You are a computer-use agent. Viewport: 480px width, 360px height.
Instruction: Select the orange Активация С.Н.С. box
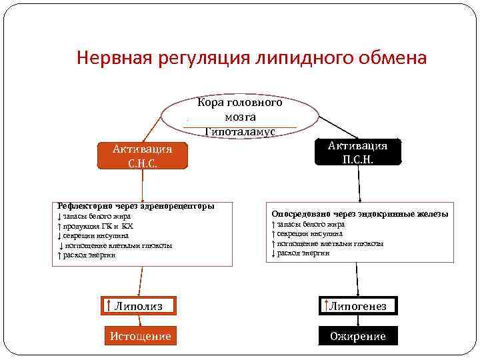[x=141, y=155]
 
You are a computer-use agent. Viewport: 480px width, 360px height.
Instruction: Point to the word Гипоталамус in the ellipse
[x=239, y=132]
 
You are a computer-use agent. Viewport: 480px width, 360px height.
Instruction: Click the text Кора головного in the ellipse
[x=240, y=103]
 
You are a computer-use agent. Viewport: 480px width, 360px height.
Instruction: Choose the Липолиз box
[x=138, y=306]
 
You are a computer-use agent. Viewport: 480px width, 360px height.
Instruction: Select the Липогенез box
[x=358, y=306]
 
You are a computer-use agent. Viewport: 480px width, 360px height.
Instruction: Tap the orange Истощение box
[x=140, y=336]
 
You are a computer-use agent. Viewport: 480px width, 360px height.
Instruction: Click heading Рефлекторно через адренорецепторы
[x=136, y=206]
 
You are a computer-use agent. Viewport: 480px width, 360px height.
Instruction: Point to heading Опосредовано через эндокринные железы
[x=359, y=214]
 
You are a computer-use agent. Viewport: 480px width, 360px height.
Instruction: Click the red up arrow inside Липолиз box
[x=109, y=306]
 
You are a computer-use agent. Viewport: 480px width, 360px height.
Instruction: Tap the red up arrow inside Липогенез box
[x=325, y=306]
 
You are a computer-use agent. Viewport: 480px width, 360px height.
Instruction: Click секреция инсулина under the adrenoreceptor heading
[x=96, y=235]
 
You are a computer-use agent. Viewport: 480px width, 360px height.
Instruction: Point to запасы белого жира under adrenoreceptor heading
[x=97, y=217]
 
